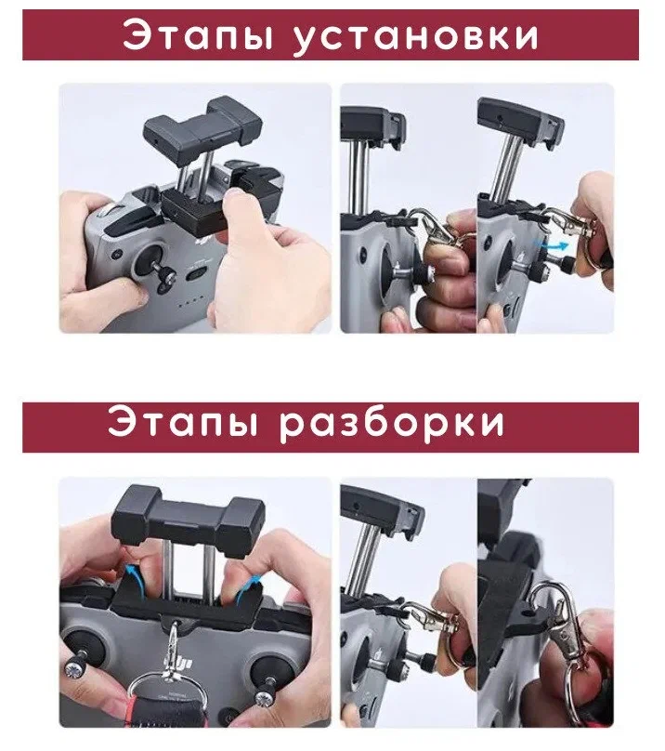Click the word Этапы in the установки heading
(x=198, y=35)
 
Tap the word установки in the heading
(x=415, y=35)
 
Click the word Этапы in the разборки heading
(x=183, y=422)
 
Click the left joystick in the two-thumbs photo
(x=78, y=658)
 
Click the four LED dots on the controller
(x=190, y=304)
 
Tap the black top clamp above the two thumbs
(x=188, y=520)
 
